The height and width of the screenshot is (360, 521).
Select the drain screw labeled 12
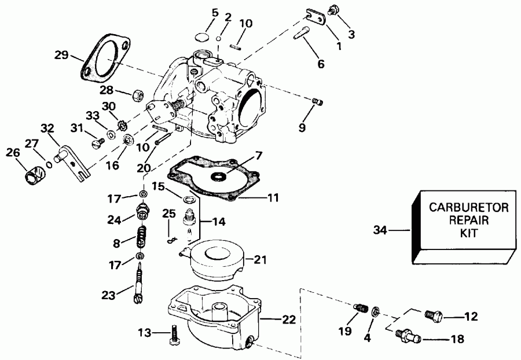[x=433, y=316]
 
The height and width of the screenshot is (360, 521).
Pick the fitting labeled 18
[x=408, y=335]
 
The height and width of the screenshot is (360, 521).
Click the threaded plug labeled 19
[x=360, y=308]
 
